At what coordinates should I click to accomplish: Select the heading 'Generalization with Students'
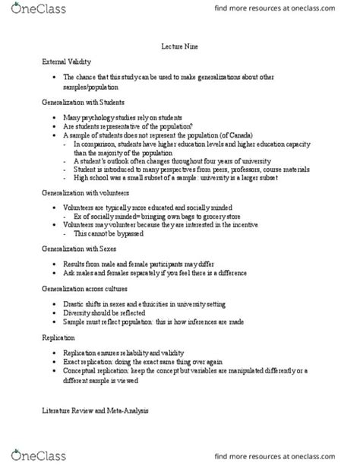click(x=83, y=101)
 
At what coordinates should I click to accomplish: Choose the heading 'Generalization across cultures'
click(x=86, y=289)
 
